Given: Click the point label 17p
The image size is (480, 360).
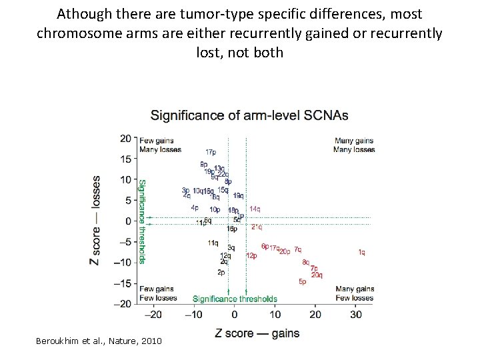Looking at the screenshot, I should [x=211, y=153].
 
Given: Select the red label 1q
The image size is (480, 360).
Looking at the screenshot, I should [x=361, y=253].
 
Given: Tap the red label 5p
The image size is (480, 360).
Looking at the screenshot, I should [x=303, y=282].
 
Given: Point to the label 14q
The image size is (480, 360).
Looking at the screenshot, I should [x=255, y=209].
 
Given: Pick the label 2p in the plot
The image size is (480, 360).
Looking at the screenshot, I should [x=221, y=272].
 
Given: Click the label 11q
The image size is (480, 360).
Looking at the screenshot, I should [x=213, y=243].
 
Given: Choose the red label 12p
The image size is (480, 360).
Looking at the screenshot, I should [x=252, y=256].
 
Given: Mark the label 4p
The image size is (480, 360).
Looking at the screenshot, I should [x=195, y=208].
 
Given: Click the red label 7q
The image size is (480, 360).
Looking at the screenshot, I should [x=297, y=250].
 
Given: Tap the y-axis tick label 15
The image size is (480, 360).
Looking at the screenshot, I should [x=125, y=159].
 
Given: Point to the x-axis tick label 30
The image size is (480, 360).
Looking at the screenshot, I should [x=355, y=314].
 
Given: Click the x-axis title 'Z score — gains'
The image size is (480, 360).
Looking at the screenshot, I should [x=257, y=333].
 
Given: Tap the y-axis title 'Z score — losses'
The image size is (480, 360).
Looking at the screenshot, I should [x=96, y=221].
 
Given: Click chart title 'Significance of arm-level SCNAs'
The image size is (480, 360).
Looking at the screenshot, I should [x=249, y=115].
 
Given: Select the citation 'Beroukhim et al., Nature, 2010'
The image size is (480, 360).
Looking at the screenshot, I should [x=99, y=341].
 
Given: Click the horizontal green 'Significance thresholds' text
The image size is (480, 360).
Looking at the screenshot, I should [x=235, y=299].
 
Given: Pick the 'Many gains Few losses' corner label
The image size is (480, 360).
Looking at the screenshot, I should [x=355, y=293].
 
